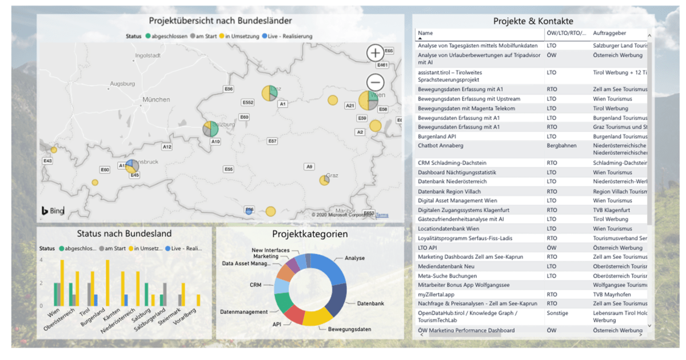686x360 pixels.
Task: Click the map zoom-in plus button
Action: click(375, 53)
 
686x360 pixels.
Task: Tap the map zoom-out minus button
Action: click(375, 81)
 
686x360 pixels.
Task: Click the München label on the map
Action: click(155, 99)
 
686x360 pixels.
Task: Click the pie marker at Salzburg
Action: click(210, 129)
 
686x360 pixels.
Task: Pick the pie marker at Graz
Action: click(324, 180)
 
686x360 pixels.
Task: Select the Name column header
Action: click(425, 33)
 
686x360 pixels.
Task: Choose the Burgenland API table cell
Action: click(437, 137)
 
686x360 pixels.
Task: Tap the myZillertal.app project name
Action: click(436, 294)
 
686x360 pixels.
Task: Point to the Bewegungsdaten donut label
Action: click(349, 329)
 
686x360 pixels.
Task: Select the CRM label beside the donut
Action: click(255, 284)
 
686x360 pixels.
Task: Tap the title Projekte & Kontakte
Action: click(533, 21)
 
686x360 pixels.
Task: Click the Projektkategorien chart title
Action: click(309, 234)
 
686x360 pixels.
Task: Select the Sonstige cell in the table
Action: click(557, 313)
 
